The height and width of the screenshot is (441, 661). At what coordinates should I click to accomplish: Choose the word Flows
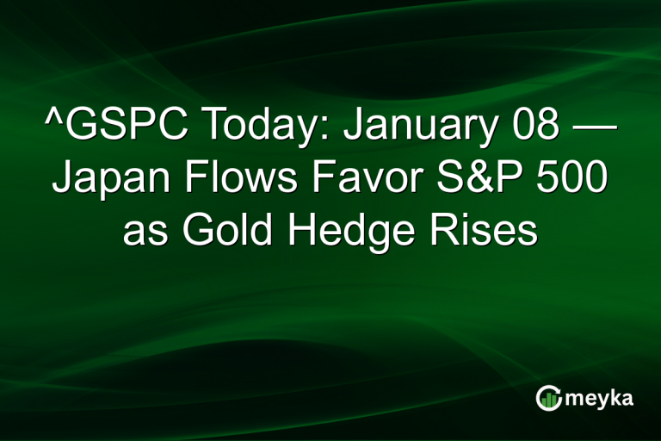tap(237, 181)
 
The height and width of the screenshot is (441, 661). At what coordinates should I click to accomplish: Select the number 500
tap(571, 181)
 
